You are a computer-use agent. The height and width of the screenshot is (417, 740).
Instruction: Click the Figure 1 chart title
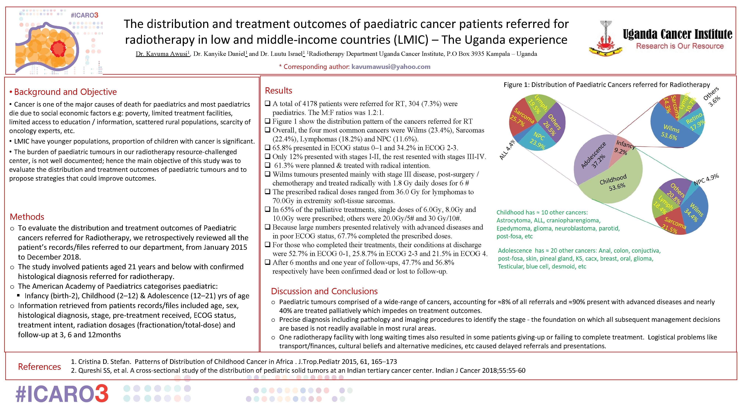606,85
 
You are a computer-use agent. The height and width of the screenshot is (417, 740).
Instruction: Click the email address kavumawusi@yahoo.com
391,67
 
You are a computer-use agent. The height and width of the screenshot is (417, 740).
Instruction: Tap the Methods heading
27,217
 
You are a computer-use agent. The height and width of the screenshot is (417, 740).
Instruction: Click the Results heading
278,91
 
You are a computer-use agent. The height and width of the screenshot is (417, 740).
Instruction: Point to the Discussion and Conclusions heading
324,291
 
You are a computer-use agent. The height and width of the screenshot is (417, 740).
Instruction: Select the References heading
39,367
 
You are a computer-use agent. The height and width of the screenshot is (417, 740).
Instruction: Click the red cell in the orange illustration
59,48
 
